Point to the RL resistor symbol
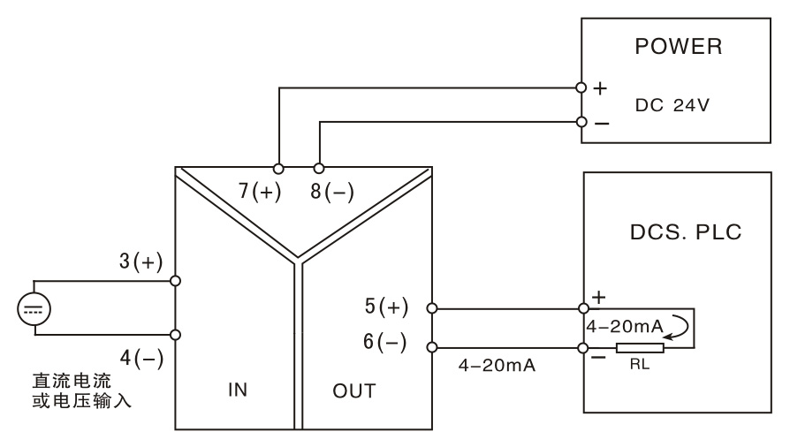[x=640, y=348]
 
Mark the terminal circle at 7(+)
[x=279, y=168]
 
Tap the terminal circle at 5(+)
[x=432, y=308]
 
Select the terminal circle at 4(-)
[x=176, y=335]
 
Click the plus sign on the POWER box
[x=601, y=88]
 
